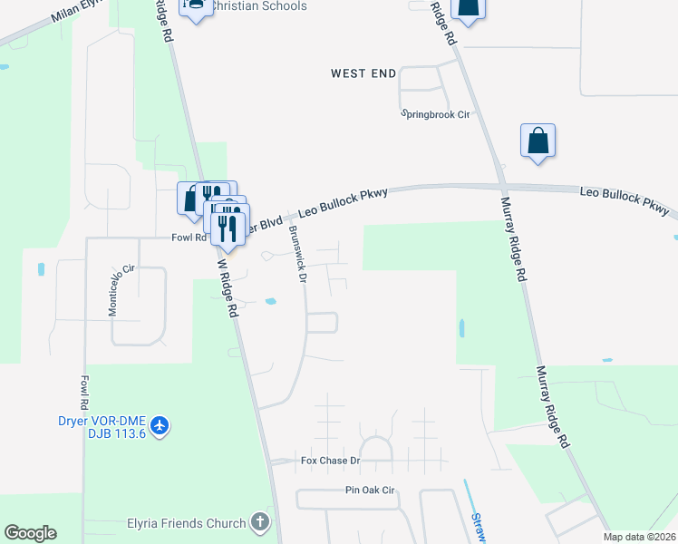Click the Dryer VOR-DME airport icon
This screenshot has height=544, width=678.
(160, 424)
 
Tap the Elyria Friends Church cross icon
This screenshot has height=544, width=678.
(260, 522)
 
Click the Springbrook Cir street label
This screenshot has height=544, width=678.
(437, 114)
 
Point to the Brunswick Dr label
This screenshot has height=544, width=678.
(297, 253)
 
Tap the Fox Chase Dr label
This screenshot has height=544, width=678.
(331, 461)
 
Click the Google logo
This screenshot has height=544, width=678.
(30, 533)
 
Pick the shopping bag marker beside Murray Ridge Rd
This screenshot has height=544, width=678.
(538, 141)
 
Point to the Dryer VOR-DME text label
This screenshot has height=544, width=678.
(87, 420)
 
